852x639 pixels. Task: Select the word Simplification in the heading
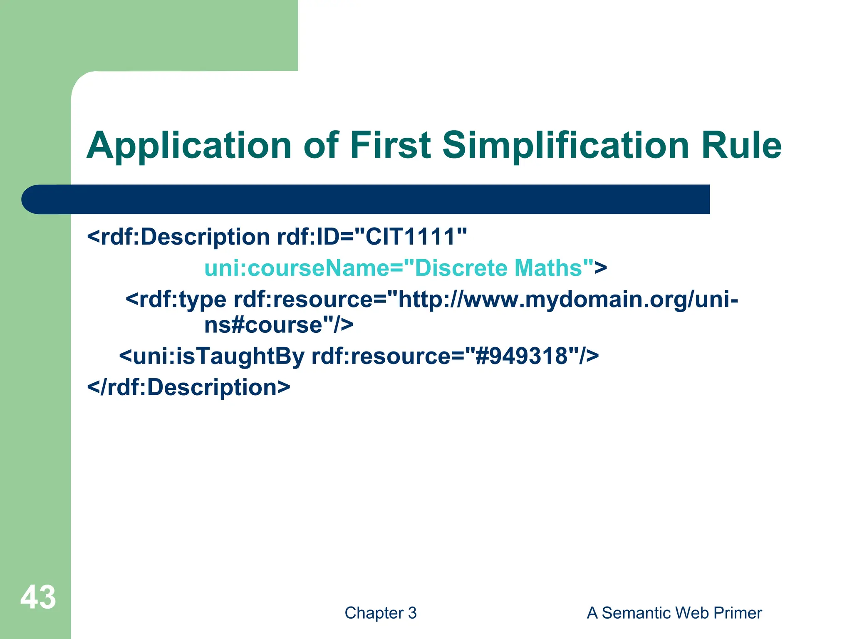(x=566, y=146)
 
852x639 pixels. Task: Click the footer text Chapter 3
(x=380, y=613)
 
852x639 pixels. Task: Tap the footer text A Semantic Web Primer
(x=674, y=613)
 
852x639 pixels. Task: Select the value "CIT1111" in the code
(x=416, y=237)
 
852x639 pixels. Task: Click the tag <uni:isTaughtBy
(x=212, y=357)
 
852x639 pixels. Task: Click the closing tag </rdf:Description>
(x=188, y=387)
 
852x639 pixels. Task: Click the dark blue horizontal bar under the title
(x=366, y=199)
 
